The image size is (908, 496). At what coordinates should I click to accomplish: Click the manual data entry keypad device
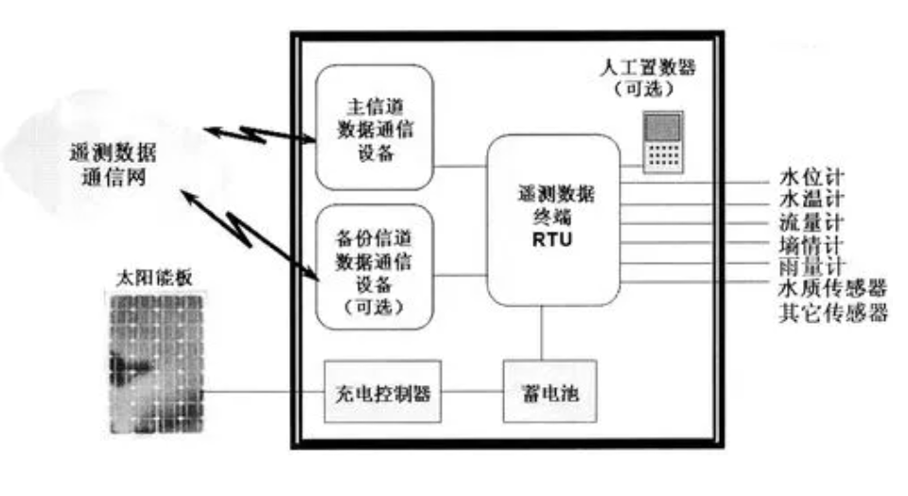pyautogui.click(x=662, y=142)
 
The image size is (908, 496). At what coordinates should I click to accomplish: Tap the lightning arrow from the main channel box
pyautogui.click(x=260, y=133)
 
